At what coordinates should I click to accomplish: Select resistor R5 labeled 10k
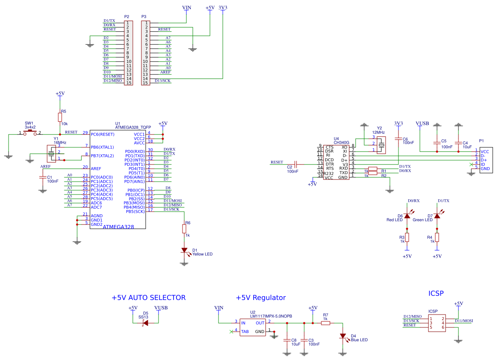(60, 117)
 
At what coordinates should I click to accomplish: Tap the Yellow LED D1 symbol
(184, 250)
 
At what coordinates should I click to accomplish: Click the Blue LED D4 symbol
(343, 336)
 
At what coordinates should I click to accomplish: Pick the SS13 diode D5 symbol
(146, 323)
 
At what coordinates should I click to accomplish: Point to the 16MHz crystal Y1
(52, 153)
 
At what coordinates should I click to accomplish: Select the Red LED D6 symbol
(407, 216)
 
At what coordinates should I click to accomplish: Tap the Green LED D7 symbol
(437, 216)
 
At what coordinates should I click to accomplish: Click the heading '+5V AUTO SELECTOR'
(149, 297)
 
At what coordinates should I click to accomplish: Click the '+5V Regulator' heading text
(260, 297)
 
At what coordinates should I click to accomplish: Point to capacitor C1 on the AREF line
(43, 177)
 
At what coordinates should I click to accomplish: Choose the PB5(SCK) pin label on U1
(135, 211)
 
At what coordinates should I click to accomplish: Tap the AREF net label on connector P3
(165, 72)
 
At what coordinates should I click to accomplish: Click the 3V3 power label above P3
(223, 8)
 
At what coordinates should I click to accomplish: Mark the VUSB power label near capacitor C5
(422, 123)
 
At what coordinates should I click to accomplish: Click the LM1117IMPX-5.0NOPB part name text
(271, 316)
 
